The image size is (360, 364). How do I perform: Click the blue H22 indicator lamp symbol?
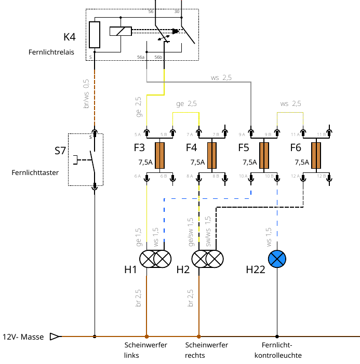point(277,259)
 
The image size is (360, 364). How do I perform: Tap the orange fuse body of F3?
point(160,155)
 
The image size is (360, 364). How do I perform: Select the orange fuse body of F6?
point(316,155)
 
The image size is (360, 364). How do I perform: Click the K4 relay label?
point(70,37)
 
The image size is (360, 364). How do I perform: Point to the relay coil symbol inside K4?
point(121,31)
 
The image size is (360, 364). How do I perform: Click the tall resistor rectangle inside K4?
point(95,35)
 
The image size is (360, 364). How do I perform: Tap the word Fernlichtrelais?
point(51,52)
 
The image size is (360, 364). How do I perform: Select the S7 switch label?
point(60,151)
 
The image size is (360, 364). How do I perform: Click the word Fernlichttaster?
point(35,172)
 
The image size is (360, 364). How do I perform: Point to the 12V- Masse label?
point(23,337)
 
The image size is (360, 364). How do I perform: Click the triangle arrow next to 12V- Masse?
point(55,336)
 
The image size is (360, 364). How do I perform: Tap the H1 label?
point(130,269)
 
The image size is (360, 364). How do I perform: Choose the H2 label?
point(183,269)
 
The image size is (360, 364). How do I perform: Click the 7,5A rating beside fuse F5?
point(250,162)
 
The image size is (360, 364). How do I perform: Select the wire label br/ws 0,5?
point(86,94)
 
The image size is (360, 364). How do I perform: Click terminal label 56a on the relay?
point(141,57)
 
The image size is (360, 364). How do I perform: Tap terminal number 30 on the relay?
point(177,11)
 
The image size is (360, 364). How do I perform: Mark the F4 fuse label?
point(191,147)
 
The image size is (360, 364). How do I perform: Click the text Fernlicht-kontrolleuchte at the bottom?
point(278,350)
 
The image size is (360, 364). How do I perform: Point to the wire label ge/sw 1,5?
point(191,232)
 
